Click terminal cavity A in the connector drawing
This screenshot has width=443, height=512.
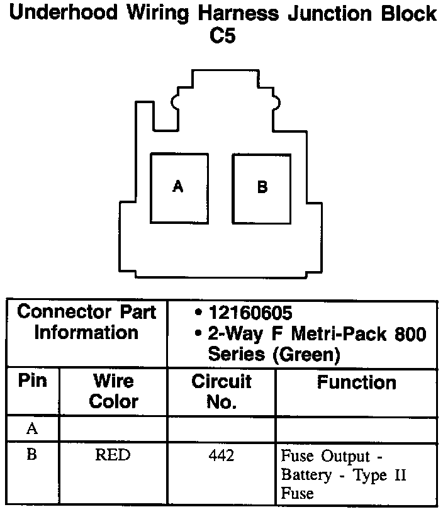(x=179, y=187)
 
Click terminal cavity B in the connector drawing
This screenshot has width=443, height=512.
(x=262, y=187)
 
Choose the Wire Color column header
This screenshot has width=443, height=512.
(x=113, y=391)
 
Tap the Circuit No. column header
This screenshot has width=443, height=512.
(x=221, y=391)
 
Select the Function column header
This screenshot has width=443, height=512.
(x=356, y=382)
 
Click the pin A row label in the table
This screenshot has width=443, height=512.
(x=31, y=429)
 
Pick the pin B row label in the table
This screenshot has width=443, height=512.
(x=31, y=455)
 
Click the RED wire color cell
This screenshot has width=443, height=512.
(x=113, y=455)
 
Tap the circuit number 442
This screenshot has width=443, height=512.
(x=221, y=455)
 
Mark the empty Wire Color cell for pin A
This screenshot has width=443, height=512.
(x=113, y=429)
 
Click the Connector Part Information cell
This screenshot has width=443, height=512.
(x=87, y=322)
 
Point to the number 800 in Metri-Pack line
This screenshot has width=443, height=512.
(x=411, y=333)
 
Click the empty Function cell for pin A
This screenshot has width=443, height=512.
(x=356, y=429)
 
